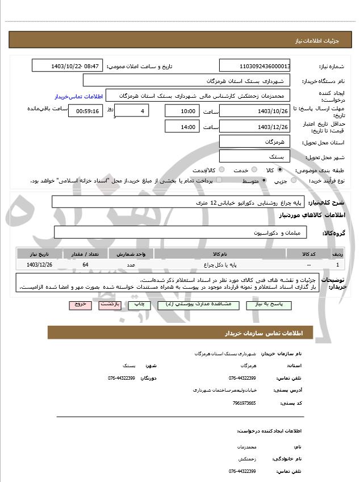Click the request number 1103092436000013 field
click(255, 66)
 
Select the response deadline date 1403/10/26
click(255, 111)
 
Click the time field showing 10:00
click(182, 111)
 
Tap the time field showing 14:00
click(182, 127)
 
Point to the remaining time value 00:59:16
click(85, 111)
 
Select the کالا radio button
click(280, 170)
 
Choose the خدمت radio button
click(253, 170)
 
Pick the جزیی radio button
click(294, 181)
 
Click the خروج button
click(80, 305)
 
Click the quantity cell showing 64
click(86, 265)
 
